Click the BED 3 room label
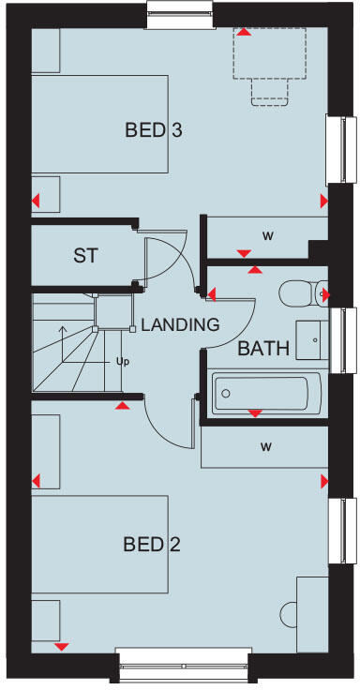[153, 130]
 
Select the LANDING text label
[180, 325]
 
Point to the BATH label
[263, 350]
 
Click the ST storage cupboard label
[86, 254]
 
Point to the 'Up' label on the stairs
[121, 360]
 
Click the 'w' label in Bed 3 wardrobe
[267, 234]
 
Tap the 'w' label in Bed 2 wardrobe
[266, 446]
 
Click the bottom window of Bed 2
[183, 668]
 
